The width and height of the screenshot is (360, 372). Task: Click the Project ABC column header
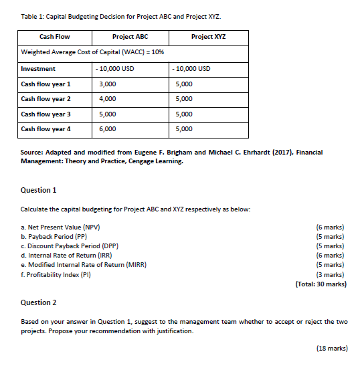[133, 36]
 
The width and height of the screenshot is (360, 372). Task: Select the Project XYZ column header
[208, 36]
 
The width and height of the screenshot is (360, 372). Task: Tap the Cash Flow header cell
[55, 36]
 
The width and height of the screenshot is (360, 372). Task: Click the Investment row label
[38, 69]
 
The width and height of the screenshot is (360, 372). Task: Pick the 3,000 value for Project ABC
[107, 84]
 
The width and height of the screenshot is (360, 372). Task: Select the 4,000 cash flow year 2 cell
[107, 99]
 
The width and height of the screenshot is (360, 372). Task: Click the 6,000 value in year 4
[107, 128]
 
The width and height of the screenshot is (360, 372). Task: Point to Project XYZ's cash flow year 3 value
[184, 114]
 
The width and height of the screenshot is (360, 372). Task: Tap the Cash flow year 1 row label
[46, 84]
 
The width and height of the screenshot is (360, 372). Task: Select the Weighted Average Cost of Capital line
[94, 52]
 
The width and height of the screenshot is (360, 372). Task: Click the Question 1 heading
[39, 190]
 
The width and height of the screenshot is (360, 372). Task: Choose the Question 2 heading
[39, 302]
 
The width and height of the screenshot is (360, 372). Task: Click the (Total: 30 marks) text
[321, 284]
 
